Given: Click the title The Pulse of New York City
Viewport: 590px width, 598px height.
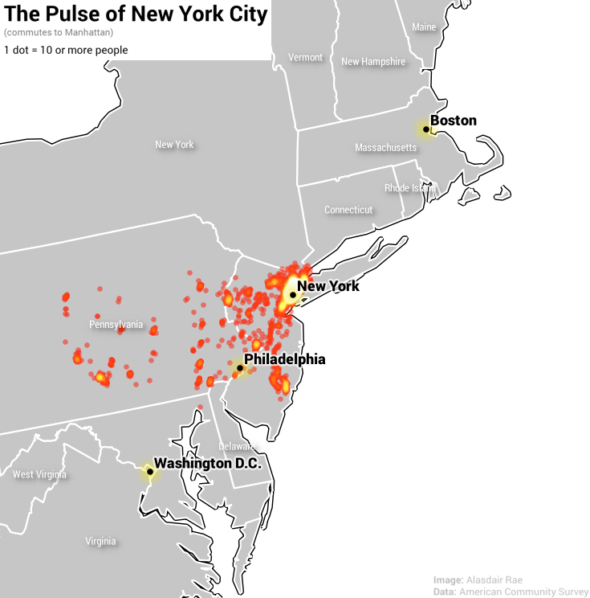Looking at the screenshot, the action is click(x=136, y=14).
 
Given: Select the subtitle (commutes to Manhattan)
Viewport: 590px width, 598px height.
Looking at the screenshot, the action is click(x=59, y=33).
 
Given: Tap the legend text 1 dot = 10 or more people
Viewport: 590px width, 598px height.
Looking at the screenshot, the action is click(x=66, y=50).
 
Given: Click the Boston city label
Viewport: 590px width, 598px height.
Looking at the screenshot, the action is click(x=454, y=121).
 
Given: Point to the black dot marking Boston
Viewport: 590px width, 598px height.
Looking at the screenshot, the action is click(x=425, y=129).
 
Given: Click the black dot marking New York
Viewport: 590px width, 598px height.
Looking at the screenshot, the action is click(x=292, y=295).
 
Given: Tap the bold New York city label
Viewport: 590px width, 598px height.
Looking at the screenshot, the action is click(x=328, y=286).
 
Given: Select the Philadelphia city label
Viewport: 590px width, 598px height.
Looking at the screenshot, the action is click(x=284, y=359).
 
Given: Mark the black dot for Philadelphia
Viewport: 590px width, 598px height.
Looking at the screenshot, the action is click(x=239, y=368).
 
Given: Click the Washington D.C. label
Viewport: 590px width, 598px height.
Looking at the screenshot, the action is click(x=208, y=463).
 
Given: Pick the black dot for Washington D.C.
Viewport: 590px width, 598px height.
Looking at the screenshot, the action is click(x=149, y=472).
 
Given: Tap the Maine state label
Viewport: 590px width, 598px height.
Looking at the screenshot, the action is click(x=424, y=27).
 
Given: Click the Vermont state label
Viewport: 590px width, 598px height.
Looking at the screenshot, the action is click(x=305, y=58).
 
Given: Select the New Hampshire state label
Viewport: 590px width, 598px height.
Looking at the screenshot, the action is click(x=373, y=62).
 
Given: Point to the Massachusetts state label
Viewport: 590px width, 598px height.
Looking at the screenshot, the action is click(x=386, y=148).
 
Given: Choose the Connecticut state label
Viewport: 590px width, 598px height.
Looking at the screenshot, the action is click(x=348, y=210).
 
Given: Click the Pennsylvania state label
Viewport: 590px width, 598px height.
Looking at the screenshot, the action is click(x=116, y=325).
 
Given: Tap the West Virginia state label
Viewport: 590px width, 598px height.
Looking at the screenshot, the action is click(x=39, y=474).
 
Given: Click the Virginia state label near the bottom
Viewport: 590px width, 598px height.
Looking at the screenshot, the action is click(x=100, y=541).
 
